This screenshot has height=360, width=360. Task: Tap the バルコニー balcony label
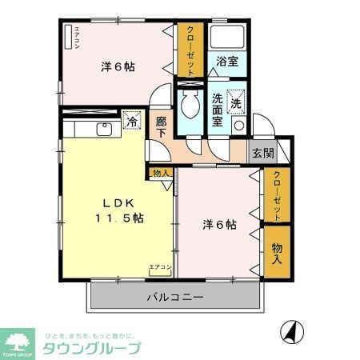[x=174, y=298]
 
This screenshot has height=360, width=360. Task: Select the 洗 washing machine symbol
[x=237, y=102]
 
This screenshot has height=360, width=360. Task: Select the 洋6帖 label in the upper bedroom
[x=117, y=67]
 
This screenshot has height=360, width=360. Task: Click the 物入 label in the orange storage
[x=277, y=253]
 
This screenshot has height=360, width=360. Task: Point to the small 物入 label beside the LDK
[x=160, y=172]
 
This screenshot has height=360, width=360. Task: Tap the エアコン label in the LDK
[x=159, y=266]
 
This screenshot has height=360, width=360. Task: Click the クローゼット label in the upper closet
[x=190, y=50]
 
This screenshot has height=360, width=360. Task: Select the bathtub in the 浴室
[x=228, y=37]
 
